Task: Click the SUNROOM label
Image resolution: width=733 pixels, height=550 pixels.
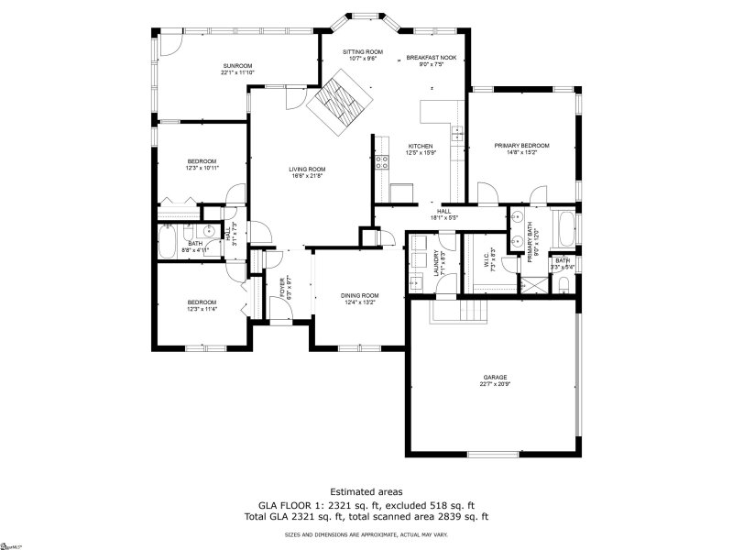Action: (x=237, y=65)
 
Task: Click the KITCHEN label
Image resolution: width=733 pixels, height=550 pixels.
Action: (x=421, y=146)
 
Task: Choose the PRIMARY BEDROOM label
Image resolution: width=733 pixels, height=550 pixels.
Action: (x=521, y=146)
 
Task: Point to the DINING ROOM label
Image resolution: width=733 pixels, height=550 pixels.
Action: (x=360, y=295)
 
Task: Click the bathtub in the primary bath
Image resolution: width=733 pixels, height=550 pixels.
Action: (x=565, y=228)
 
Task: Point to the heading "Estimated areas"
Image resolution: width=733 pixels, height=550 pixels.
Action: (x=366, y=491)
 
